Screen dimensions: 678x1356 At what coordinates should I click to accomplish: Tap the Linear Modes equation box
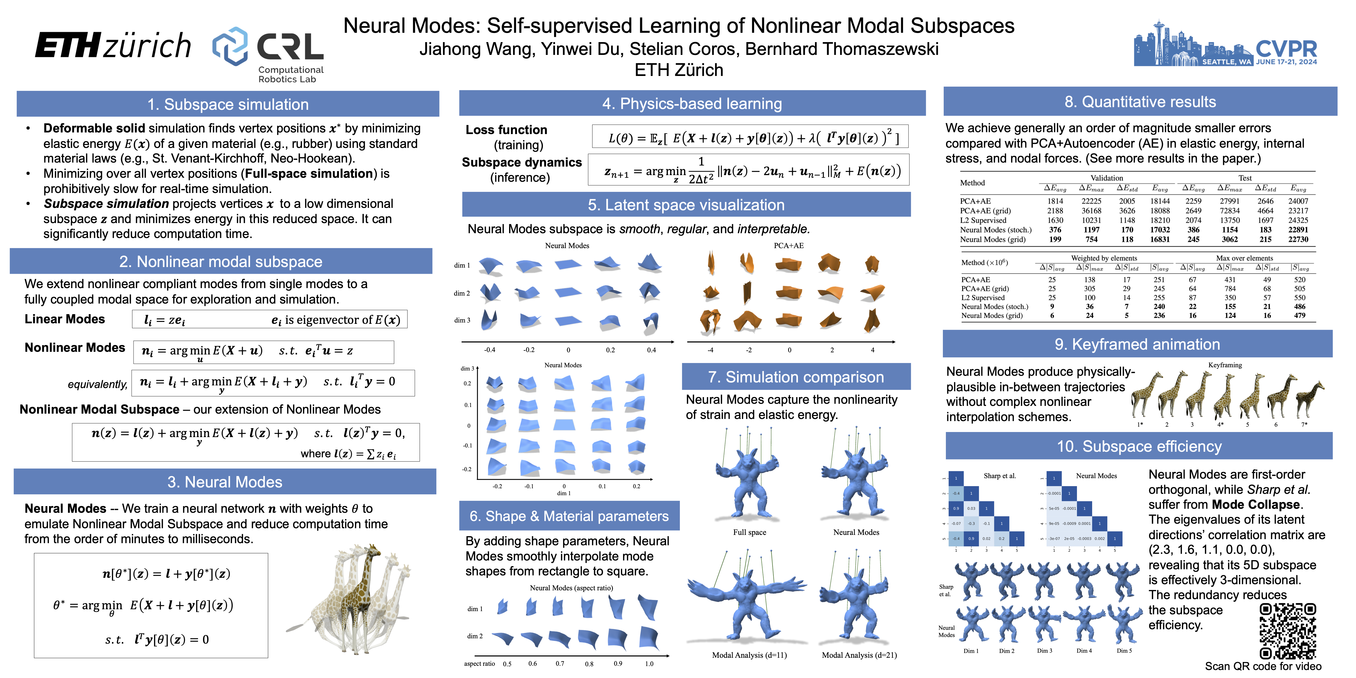click(269, 320)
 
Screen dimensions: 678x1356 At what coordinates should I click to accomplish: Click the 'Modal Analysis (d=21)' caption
click(859, 655)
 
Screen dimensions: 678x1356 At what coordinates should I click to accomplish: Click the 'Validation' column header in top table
click(1107, 178)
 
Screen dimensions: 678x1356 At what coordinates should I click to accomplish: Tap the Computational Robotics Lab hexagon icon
click(230, 46)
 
